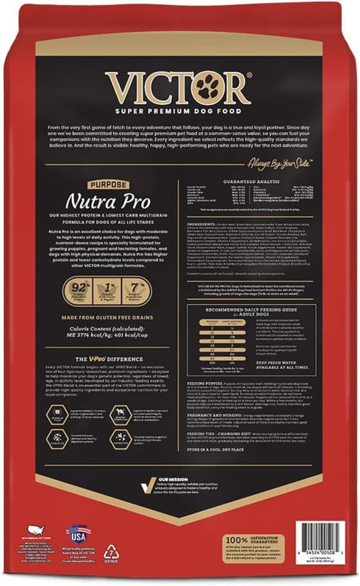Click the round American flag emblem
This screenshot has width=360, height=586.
73,532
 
